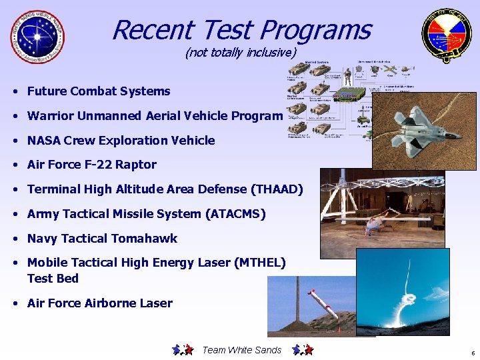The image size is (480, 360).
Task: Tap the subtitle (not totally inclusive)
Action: coord(240,52)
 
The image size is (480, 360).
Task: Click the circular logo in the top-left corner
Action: coord(38,37)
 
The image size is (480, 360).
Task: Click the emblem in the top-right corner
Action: coord(445,37)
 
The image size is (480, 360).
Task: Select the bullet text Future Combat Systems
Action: coord(99,91)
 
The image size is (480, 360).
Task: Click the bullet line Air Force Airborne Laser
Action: coord(99,303)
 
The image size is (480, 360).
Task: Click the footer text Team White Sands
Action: coord(241,350)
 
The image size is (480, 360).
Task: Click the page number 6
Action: coord(472,353)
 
